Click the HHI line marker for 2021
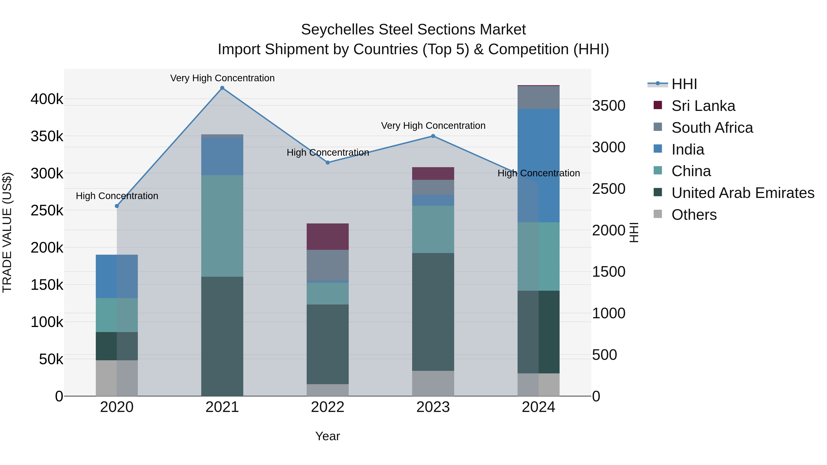click(x=222, y=88)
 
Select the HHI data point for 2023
click(x=433, y=136)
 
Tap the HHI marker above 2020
click(x=117, y=206)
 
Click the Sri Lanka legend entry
click(x=703, y=106)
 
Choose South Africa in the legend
click(x=712, y=128)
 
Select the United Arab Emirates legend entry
click(x=742, y=193)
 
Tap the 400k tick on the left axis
click(x=47, y=99)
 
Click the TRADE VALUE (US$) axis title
click(x=7, y=232)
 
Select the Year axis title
click(x=327, y=436)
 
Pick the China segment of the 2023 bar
click(x=433, y=229)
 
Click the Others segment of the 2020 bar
click(x=117, y=378)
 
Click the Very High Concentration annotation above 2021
click(x=222, y=78)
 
